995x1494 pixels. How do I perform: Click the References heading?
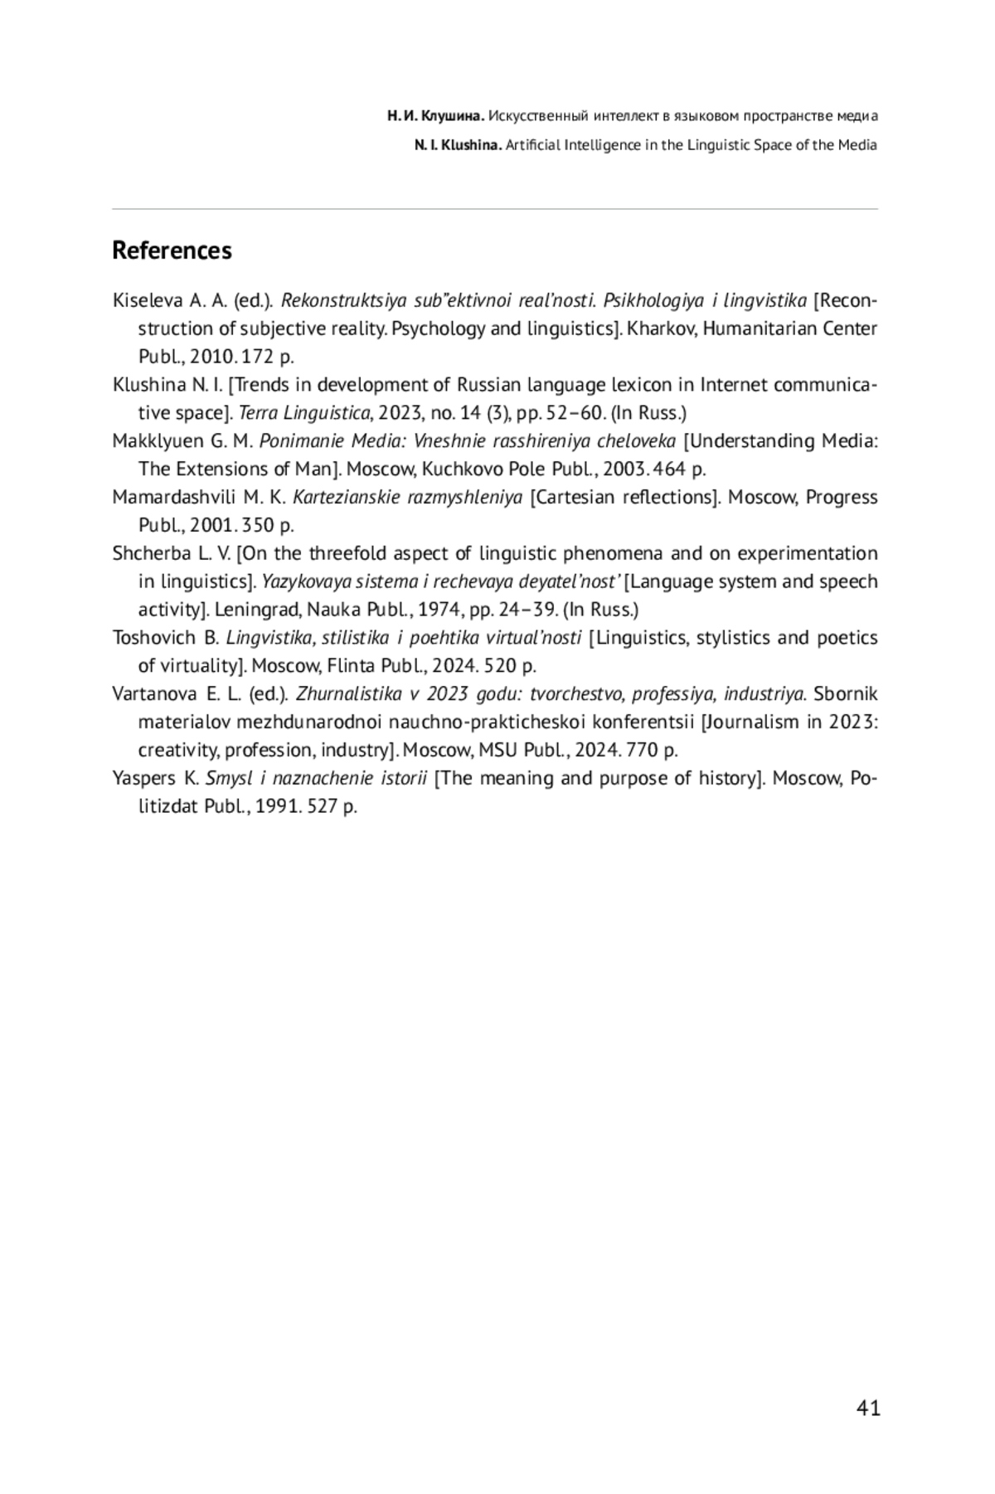point(172,251)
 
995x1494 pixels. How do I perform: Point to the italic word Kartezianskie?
point(343,498)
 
